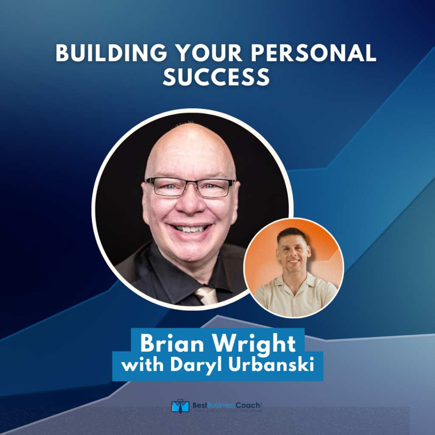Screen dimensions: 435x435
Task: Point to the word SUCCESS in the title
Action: click(x=217, y=78)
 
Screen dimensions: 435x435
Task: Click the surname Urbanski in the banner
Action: click(x=274, y=365)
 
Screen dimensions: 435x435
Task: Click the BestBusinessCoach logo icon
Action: click(x=180, y=406)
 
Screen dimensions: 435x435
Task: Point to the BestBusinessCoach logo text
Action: click(x=225, y=405)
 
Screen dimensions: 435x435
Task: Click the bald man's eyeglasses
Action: click(x=190, y=186)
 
